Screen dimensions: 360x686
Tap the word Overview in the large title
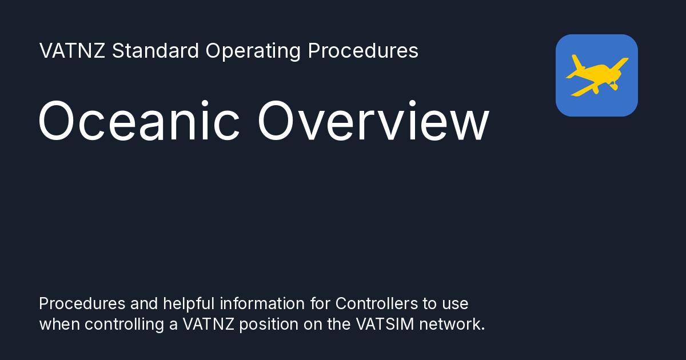[x=373, y=122]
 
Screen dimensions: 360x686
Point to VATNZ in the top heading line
[x=73, y=51]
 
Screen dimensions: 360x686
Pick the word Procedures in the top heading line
[x=363, y=51]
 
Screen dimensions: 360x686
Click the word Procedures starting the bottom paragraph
[x=79, y=303]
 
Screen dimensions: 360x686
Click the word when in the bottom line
[x=59, y=324]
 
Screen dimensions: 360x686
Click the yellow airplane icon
[x=596, y=75]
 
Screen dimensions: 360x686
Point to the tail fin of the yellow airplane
[x=576, y=62]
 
